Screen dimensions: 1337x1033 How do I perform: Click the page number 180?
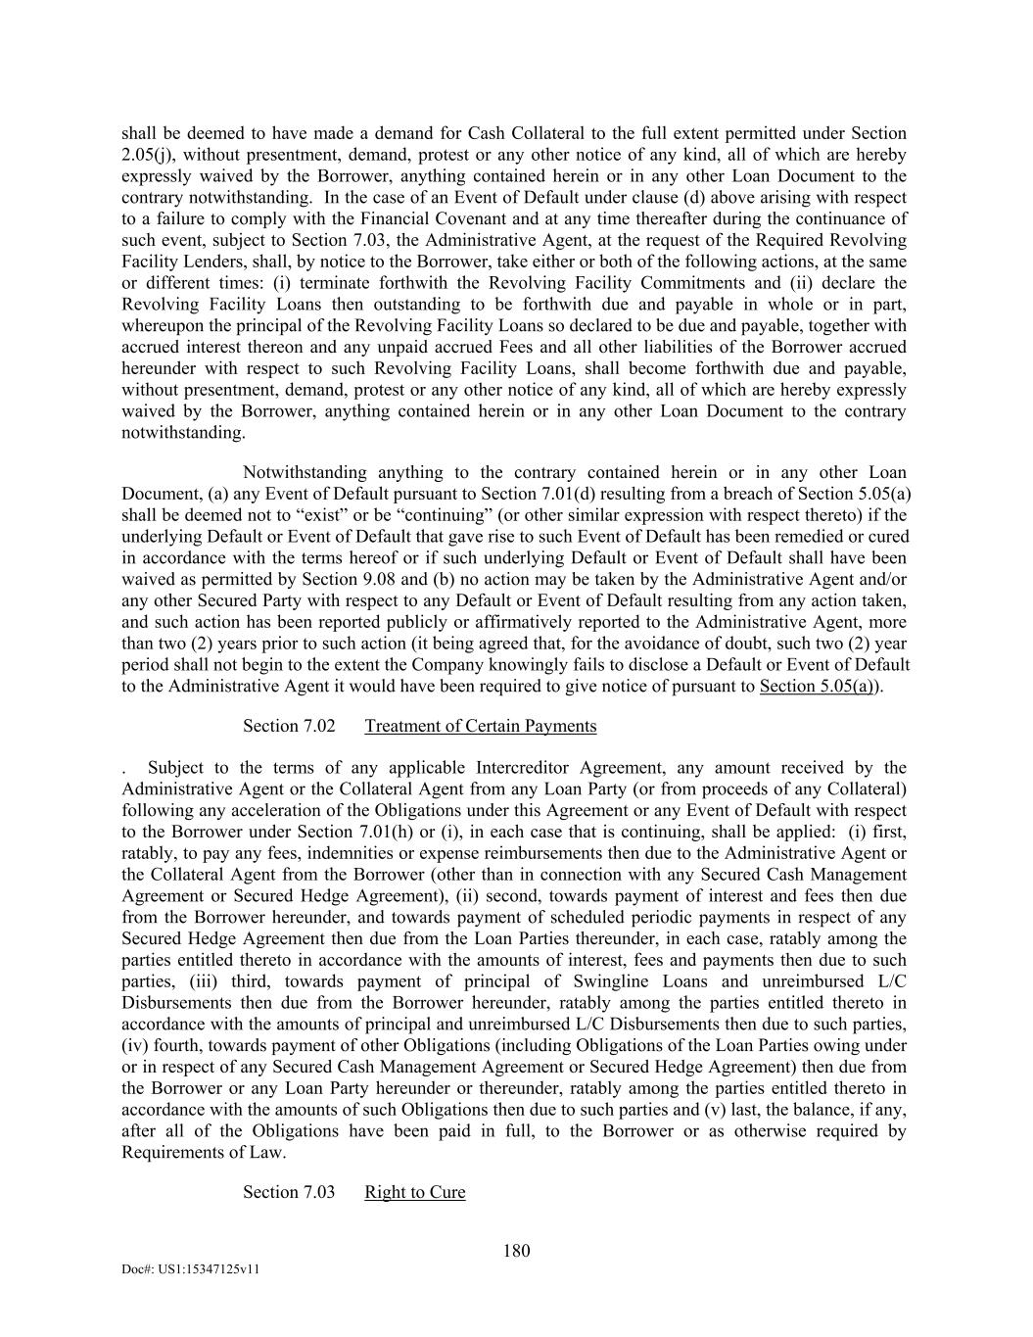tap(516, 1250)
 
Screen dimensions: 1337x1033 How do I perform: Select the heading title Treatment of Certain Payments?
tap(480, 726)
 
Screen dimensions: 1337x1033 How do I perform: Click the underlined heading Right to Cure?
tap(414, 1192)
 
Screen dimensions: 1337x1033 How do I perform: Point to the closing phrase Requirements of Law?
tap(204, 1152)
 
